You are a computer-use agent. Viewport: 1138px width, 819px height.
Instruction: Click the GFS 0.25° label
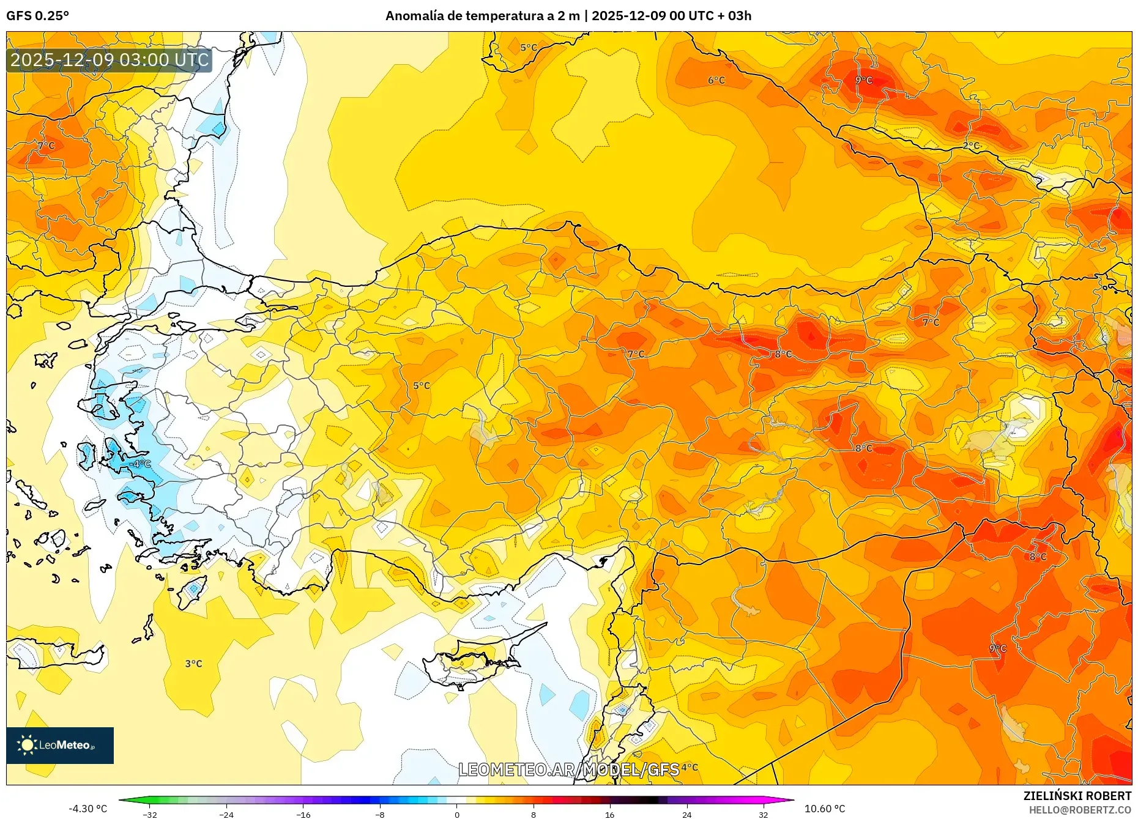point(37,16)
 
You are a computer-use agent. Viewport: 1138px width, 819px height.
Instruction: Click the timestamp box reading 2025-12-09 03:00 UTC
point(110,60)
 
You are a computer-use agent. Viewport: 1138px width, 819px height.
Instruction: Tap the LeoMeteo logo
point(59,745)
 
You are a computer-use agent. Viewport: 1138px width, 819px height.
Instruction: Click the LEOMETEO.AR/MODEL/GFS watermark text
point(568,769)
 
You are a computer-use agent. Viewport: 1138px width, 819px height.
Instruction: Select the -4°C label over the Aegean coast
point(140,464)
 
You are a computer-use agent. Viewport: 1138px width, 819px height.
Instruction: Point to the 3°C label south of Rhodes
point(193,664)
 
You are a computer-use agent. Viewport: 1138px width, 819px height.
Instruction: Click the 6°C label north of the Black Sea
point(716,80)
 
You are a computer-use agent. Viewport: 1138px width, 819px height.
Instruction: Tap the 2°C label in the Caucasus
point(971,146)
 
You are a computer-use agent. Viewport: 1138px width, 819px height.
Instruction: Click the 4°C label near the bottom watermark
point(690,767)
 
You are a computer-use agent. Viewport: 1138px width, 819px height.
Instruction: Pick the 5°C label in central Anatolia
point(422,385)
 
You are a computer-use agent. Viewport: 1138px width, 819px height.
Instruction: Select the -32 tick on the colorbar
point(150,814)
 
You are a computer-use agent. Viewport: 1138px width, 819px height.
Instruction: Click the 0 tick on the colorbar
point(456,814)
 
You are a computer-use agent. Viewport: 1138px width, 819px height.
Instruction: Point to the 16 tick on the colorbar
point(609,814)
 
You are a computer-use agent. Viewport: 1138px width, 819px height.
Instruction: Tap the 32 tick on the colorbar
point(763,814)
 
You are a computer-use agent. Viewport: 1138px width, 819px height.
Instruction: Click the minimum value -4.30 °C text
point(87,809)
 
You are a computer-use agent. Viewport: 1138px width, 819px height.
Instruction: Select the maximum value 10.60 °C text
point(825,809)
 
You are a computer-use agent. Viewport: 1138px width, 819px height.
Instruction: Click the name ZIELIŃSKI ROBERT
point(1077,796)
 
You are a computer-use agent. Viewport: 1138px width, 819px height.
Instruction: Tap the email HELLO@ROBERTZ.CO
point(1080,810)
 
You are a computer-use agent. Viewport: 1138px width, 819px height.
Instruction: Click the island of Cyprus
point(471,664)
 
